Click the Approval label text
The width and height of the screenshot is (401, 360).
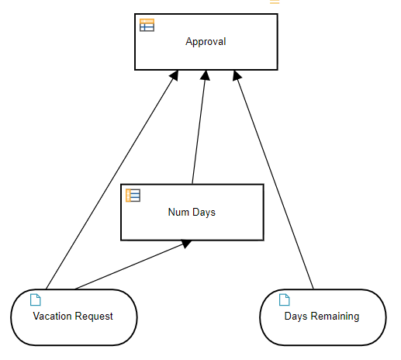coord(206,42)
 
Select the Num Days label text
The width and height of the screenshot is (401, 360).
coord(192,213)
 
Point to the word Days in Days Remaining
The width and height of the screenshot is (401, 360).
coord(296,317)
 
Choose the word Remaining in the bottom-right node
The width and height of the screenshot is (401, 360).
coord(335,317)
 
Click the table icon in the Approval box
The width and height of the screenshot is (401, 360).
coord(147,25)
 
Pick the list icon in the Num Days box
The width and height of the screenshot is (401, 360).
coord(133,196)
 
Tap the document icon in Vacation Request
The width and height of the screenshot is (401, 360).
coord(36,299)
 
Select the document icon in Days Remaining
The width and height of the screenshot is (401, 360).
coord(285,299)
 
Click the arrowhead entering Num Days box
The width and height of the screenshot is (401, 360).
coord(186,244)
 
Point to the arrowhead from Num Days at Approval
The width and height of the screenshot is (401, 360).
coord(206,75)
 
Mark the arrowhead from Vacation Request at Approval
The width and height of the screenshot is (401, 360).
coord(175,75)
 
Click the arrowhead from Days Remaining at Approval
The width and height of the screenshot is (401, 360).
coord(237,75)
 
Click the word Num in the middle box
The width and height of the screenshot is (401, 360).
coord(178,212)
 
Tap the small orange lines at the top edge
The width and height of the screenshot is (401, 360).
coord(275,2)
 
